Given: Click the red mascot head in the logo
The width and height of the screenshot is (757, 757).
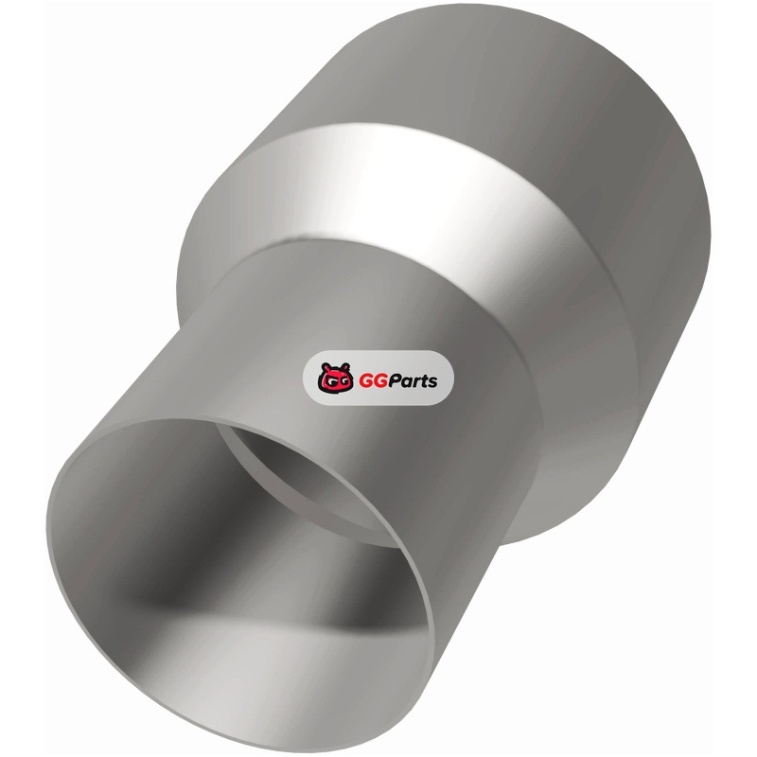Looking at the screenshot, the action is (x=336, y=378).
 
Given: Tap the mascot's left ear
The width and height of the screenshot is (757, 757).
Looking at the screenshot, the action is (x=325, y=366).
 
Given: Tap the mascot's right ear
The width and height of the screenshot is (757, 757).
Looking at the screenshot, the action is (x=345, y=366).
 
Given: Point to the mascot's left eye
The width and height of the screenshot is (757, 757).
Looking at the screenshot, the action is (x=329, y=382).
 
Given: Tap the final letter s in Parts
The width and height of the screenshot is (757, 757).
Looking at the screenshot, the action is (x=432, y=382).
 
